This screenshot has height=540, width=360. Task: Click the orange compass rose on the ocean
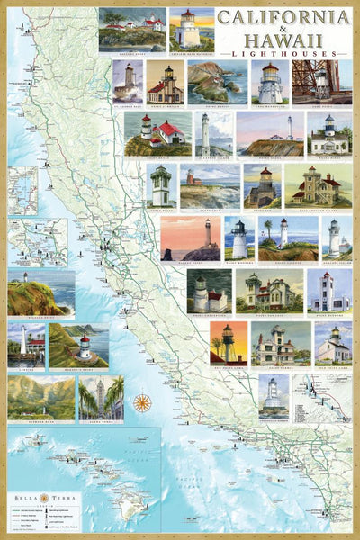(142, 402)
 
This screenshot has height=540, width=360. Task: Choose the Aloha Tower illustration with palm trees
(101, 398)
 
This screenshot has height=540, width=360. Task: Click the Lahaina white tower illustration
(26, 346)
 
